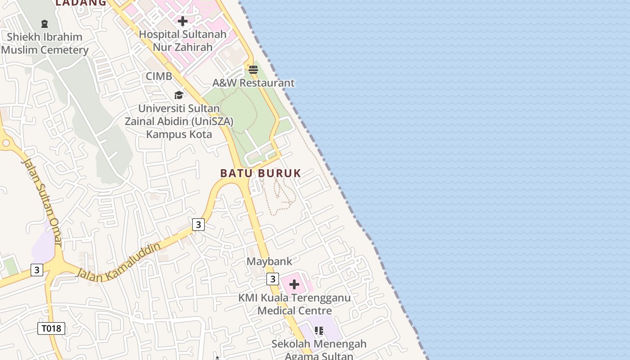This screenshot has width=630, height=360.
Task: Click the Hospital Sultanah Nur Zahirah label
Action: pyautogui.click(x=182, y=40)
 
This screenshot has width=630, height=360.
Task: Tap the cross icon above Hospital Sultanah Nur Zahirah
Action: pyautogui.click(x=183, y=21)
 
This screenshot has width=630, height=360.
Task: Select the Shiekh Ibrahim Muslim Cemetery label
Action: pyautogui.click(x=45, y=43)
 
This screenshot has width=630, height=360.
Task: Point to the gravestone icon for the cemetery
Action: pyautogui.click(x=45, y=23)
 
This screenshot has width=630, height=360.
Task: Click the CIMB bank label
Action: pyautogui.click(x=159, y=76)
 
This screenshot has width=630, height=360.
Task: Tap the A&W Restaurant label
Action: pyautogui.click(x=253, y=83)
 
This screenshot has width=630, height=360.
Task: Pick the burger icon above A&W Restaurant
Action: pyautogui.click(x=253, y=70)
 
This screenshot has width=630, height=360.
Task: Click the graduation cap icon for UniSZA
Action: pyautogui.click(x=179, y=95)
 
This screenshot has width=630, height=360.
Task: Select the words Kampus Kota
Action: pyautogui.click(x=179, y=134)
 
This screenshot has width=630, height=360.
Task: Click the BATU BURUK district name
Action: pyautogui.click(x=261, y=173)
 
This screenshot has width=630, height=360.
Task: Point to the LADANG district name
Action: pyautogui.click(x=81, y=3)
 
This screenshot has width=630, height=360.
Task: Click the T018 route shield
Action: pyautogui.click(x=51, y=328)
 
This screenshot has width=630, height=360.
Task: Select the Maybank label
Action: pyautogui.click(x=269, y=261)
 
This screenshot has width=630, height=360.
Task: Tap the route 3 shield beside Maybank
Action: pyautogui.click(x=272, y=279)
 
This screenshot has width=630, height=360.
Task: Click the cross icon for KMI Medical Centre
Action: pyautogui.click(x=294, y=284)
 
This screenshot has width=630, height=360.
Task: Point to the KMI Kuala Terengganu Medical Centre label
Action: pyautogui.click(x=294, y=304)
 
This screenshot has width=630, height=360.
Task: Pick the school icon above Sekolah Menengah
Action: pyautogui.click(x=319, y=331)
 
